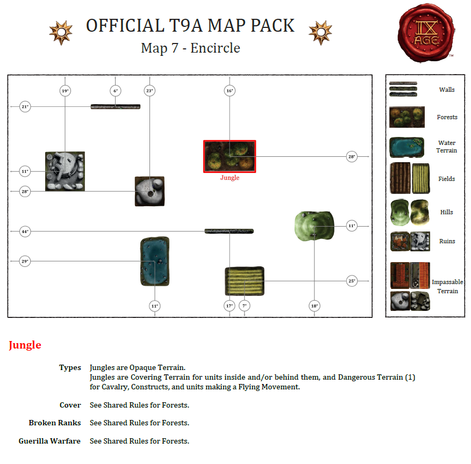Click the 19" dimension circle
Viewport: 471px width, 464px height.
(x=65, y=91)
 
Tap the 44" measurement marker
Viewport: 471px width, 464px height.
(x=25, y=231)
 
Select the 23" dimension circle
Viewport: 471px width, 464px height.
(x=149, y=91)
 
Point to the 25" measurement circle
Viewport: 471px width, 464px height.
(x=352, y=281)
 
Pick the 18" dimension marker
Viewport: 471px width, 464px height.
(x=314, y=306)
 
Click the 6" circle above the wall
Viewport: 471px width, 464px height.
(x=115, y=91)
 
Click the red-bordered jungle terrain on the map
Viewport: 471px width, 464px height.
(x=230, y=156)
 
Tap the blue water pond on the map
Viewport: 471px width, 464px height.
(x=155, y=262)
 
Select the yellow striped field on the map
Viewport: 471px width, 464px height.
(x=244, y=281)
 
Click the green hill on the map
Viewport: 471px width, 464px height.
(x=315, y=226)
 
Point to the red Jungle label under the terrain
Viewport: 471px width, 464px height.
(x=230, y=178)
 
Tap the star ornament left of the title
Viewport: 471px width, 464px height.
(x=61, y=33)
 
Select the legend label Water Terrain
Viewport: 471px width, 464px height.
(x=447, y=147)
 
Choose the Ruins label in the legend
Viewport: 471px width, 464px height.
(x=447, y=241)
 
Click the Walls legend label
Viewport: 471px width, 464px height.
(x=447, y=90)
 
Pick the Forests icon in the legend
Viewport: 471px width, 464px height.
(x=407, y=117)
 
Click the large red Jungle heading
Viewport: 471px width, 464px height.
(x=25, y=345)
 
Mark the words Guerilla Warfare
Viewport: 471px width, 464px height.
(x=49, y=441)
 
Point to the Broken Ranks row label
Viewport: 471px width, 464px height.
(x=54, y=423)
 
